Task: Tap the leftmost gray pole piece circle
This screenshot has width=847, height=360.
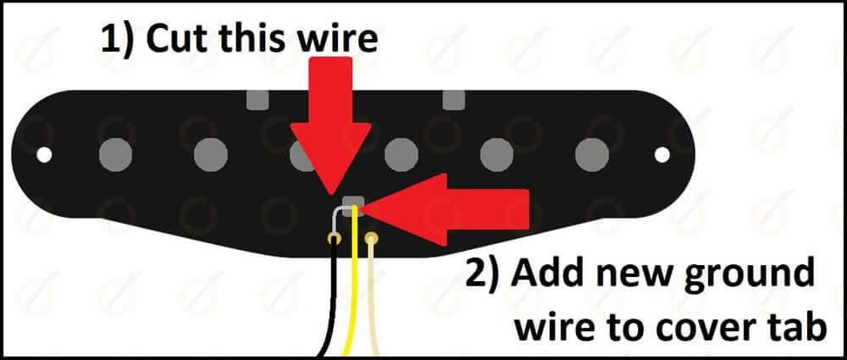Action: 115,154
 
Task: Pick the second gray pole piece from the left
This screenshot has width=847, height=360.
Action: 211,154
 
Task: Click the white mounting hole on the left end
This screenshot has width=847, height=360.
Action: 45,155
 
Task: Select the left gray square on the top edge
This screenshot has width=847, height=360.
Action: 256,100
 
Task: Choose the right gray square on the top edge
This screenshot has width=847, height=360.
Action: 452,100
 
